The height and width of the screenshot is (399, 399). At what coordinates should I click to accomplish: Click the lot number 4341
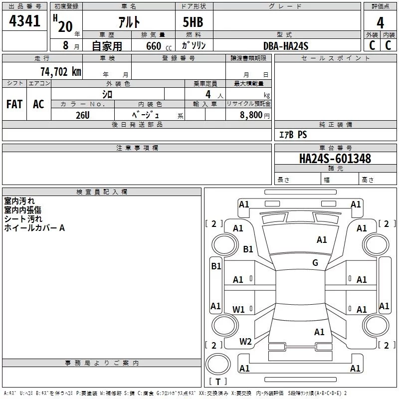coord(24,21)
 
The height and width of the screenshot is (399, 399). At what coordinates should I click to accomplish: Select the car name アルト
coord(129,21)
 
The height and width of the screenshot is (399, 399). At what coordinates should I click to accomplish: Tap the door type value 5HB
coord(193,22)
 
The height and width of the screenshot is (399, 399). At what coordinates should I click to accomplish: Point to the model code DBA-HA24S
coord(286,46)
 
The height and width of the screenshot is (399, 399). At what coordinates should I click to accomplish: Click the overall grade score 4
coord(380,23)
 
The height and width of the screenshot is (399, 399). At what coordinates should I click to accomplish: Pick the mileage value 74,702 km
coord(61,72)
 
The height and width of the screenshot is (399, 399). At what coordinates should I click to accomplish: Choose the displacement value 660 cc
coord(159,46)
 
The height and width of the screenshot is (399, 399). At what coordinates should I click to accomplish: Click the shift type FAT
coord(14,104)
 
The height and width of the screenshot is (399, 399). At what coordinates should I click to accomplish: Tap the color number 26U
coord(82,115)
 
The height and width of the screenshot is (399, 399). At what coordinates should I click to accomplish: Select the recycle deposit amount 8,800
coord(251,115)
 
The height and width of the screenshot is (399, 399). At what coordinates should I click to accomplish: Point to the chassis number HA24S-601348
coord(335,159)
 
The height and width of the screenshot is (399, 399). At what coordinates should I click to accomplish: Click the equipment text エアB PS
coord(293,135)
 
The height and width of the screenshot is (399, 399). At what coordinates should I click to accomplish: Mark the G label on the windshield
coord(315,263)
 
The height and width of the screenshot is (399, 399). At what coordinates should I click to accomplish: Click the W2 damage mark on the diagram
coord(245,342)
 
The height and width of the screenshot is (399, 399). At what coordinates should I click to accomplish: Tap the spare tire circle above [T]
coord(218,364)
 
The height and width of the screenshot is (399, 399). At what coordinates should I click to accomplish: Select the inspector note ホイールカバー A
coord(34,228)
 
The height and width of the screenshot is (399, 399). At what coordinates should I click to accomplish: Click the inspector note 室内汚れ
coord(19,201)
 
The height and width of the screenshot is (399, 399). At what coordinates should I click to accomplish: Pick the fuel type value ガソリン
coord(194,46)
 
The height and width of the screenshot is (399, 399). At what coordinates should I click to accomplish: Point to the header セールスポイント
coord(335,58)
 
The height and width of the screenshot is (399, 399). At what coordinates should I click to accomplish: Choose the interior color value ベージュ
coord(146,115)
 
